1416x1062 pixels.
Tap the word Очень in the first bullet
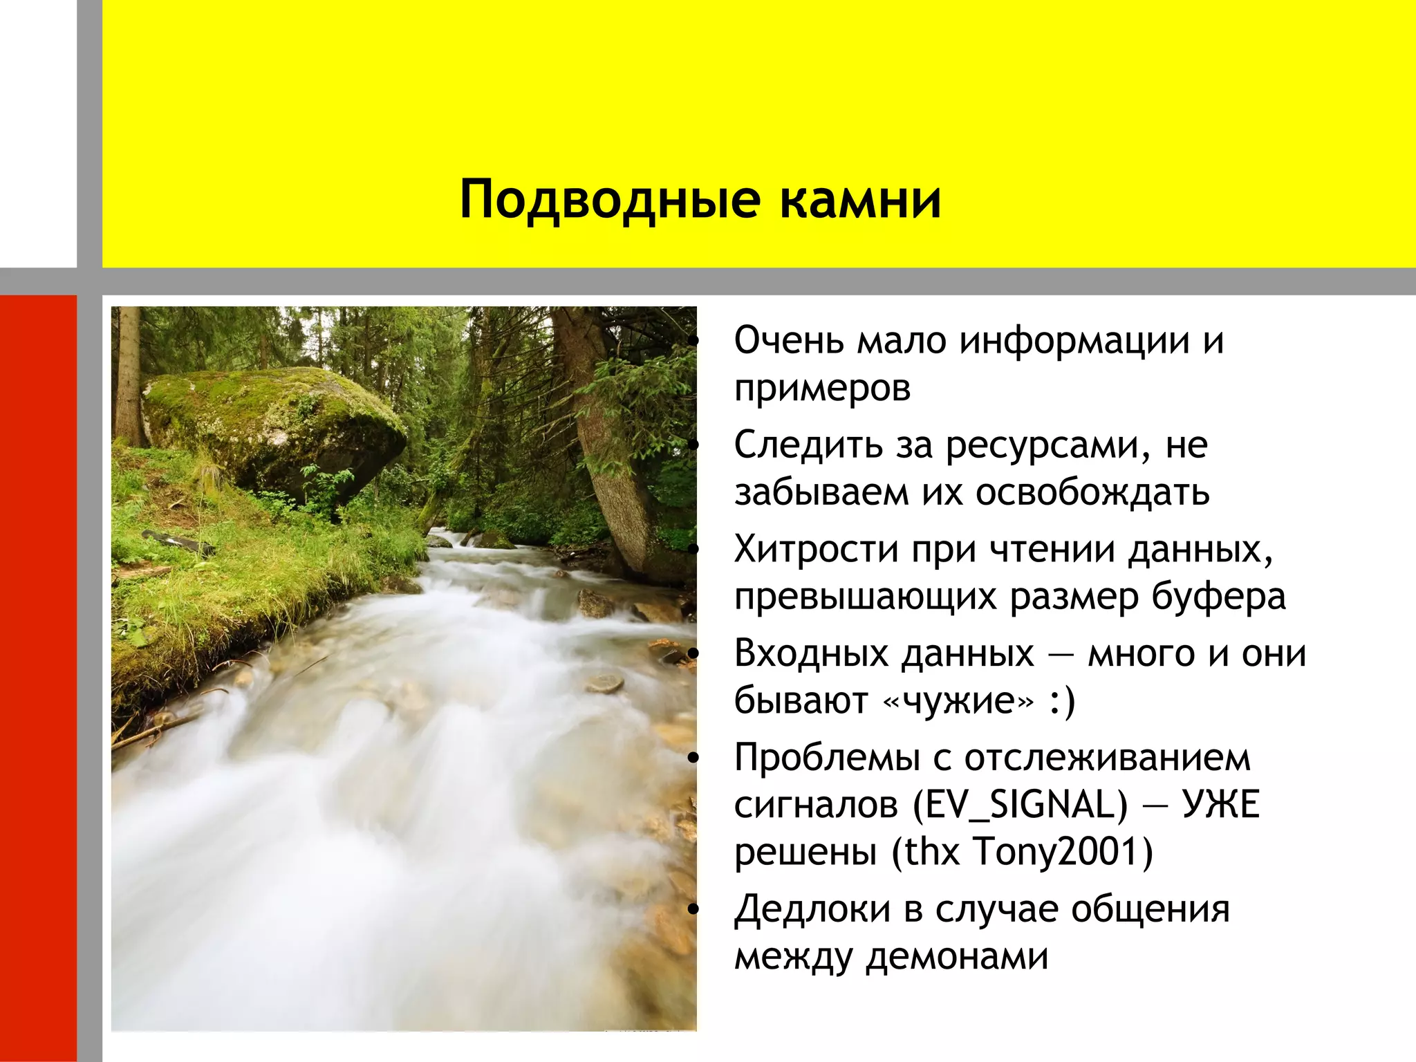[x=789, y=341]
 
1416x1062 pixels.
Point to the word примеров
[x=822, y=389]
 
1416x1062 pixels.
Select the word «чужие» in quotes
[x=960, y=701]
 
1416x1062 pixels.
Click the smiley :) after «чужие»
[x=1062, y=701]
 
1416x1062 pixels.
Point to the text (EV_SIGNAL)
[x=1020, y=805]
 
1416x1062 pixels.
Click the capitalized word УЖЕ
[x=1221, y=805]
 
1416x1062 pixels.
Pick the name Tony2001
[x=1062, y=852]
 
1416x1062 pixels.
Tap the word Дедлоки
[x=812, y=909]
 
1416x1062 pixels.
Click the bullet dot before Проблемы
[x=694, y=758]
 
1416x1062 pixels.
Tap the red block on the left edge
[x=38, y=678]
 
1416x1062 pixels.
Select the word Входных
[x=814, y=653]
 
